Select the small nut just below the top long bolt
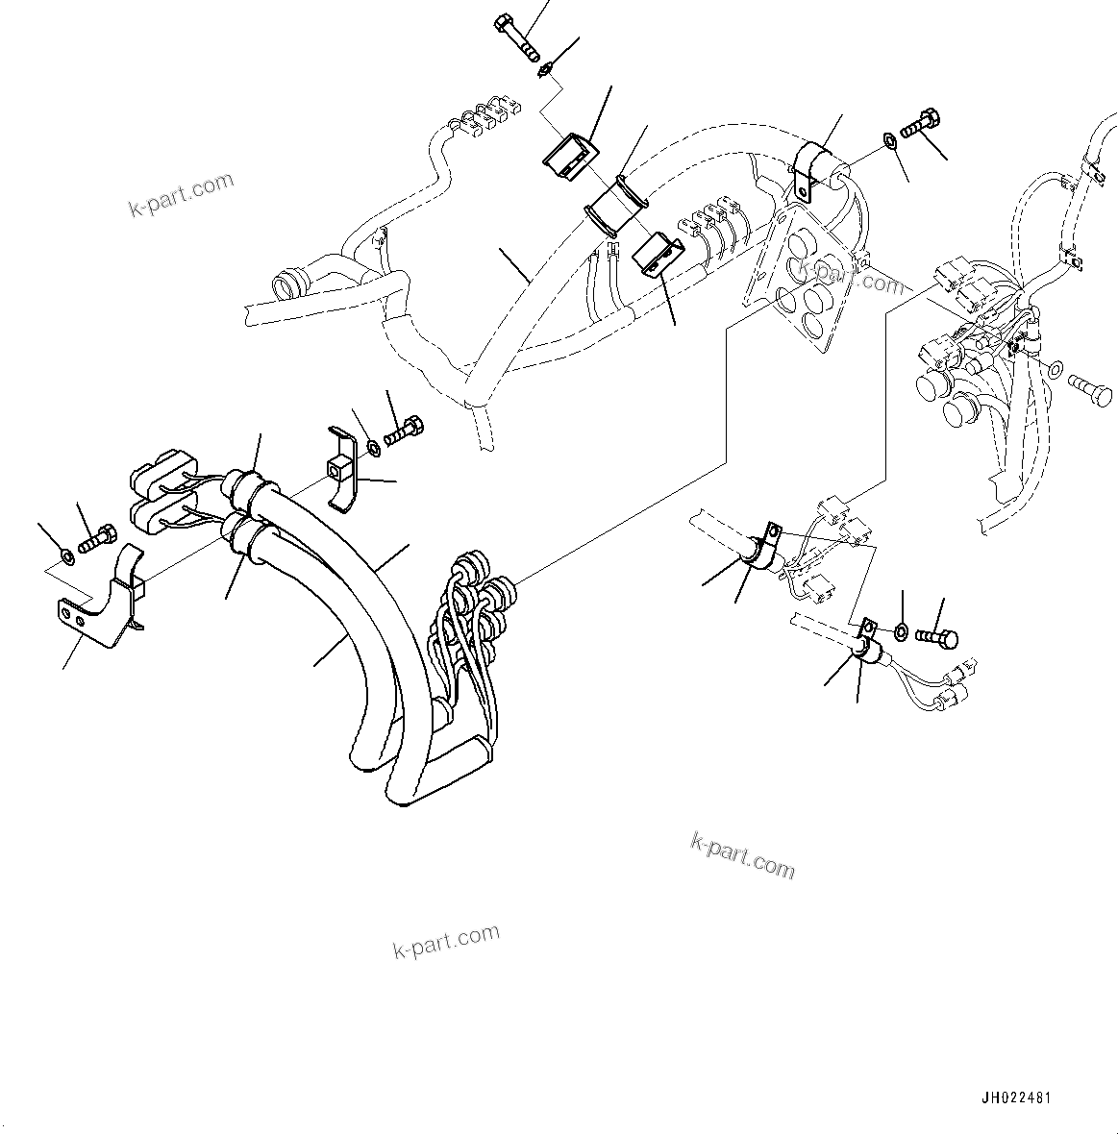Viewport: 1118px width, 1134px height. (x=545, y=69)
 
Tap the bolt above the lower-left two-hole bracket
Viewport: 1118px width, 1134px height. (x=96, y=538)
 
